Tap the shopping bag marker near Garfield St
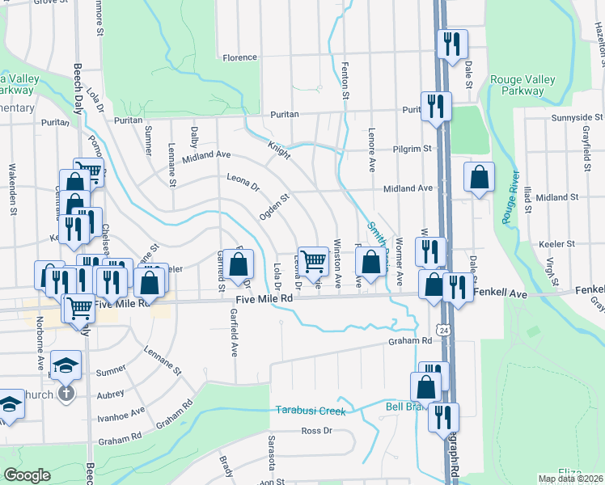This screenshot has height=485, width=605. pos(239,264)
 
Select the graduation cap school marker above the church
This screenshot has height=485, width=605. pos(66,364)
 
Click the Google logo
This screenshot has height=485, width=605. pos(27,475)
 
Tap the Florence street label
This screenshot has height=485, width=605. pos(240,57)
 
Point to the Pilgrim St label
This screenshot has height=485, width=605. pos(413,149)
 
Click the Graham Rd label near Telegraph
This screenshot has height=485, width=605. pos(415,341)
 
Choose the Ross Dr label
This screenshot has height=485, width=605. pos(316,431)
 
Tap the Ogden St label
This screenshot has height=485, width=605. pos(273,205)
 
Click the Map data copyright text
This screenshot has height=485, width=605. pos(570,479)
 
